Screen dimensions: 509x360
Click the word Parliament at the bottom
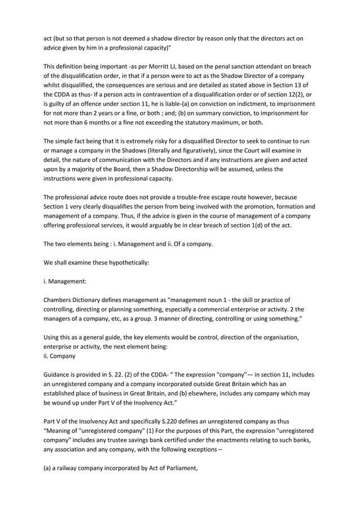tap(178, 467)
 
